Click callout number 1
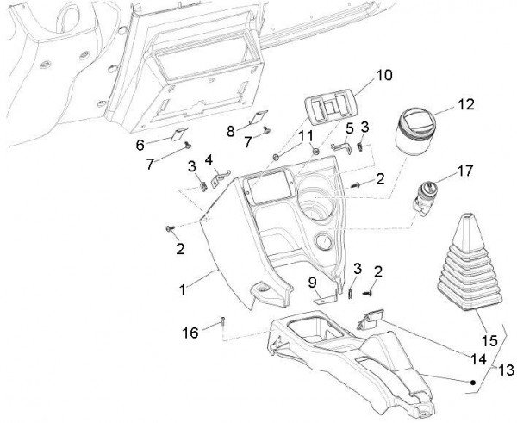(184, 290)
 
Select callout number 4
(208, 160)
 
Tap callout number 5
(349, 129)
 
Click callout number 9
(314, 282)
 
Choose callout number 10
(383, 76)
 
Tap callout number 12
(465, 105)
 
